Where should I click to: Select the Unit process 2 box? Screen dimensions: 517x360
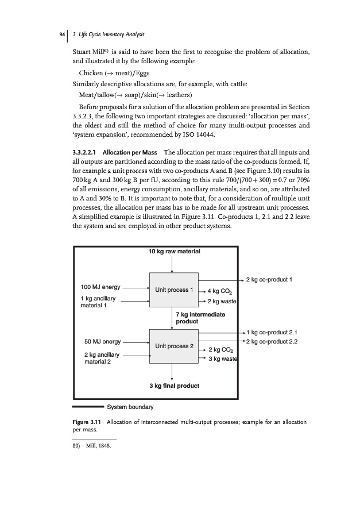pyautogui.click(x=173, y=346)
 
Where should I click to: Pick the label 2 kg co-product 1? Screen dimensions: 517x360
pyautogui.click(x=270, y=280)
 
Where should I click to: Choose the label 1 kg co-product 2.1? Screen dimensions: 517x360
pyautogui.click(x=272, y=332)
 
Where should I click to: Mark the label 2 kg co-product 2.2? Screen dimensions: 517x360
pyautogui.click(x=272, y=342)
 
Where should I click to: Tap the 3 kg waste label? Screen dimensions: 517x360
pyautogui.click(x=223, y=359)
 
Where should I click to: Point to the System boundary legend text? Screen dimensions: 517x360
pyautogui.click(x=131, y=407)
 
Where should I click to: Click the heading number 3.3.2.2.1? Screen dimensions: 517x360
pyautogui.click(x=80, y=152)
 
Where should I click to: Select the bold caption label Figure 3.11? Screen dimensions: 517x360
pyautogui.click(x=86, y=423)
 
